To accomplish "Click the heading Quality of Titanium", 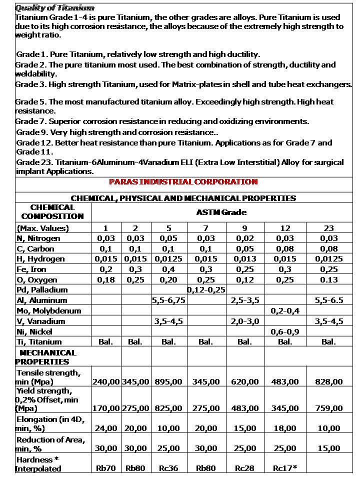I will point(54,7).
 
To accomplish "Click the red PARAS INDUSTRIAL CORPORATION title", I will point(183,182).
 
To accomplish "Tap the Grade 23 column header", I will point(328,228).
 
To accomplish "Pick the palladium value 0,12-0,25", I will point(206,290).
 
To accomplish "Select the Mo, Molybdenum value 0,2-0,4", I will point(284,310).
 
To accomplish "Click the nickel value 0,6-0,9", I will point(284,331).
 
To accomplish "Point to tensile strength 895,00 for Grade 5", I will point(168,381).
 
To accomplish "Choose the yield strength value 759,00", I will point(328,408).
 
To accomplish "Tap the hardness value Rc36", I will point(168,468).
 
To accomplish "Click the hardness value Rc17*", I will point(284,468).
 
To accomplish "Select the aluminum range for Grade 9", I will point(244,300).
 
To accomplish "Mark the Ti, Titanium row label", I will point(39,342).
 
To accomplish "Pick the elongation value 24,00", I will point(105,428).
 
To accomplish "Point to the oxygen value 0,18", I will point(105,280).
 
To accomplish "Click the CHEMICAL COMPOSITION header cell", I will point(52,212).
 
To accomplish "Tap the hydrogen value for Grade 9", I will point(244,259).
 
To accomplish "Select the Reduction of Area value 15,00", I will point(328,448).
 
